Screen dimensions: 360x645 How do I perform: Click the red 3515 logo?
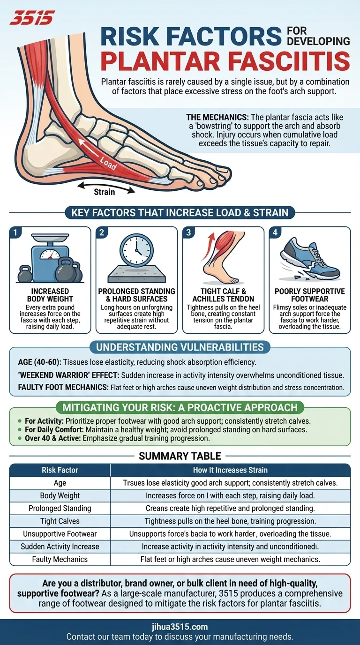tap(32, 17)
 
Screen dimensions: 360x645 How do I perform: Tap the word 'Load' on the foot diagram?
tap(108, 164)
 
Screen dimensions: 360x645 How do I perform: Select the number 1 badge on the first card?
tap(15, 232)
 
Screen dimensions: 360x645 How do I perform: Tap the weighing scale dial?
tap(50, 254)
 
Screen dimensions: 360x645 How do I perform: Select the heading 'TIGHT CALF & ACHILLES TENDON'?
tap(223, 295)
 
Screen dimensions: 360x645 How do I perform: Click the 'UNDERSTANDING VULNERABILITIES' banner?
tap(180, 347)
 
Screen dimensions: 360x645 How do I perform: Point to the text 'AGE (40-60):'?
tap(39, 362)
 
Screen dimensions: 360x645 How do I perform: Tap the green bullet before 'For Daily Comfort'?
tap(20, 430)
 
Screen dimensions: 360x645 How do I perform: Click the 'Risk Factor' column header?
tap(60, 470)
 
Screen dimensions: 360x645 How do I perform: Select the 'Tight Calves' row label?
tap(60, 521)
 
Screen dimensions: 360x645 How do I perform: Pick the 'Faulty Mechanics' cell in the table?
tap(60, 559)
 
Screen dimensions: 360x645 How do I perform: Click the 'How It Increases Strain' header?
tap(231, 470)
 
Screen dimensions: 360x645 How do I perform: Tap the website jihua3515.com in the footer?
tap(180, 627)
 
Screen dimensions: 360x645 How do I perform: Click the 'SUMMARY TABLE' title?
tap(180, 456)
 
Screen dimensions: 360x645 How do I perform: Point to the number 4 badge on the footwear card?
tap(275, 232)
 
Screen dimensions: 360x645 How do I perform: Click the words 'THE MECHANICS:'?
tap(217, 117)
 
